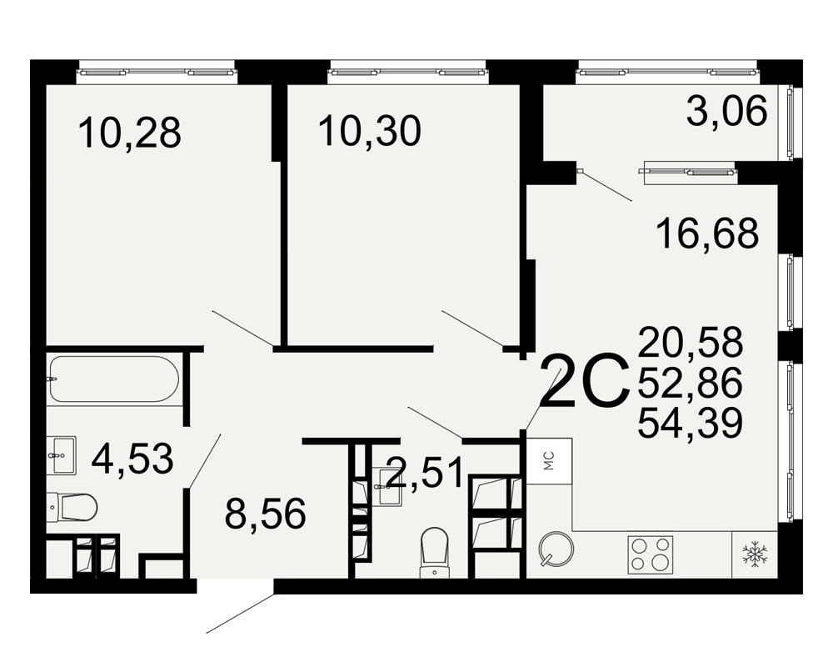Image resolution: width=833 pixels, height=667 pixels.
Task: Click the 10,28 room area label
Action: pyautogui.click(x=130, y=133)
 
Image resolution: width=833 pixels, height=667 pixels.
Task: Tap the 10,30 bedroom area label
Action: pyautogui.click(x=370, y=132)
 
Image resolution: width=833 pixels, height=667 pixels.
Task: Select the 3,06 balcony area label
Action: pyautogui.click(x=726, y=111)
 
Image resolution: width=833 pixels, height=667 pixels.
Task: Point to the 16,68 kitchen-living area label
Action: pyautogui.click(x=707, y=234)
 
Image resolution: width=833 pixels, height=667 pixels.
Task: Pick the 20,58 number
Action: pyautogui.click(x=690, y=343)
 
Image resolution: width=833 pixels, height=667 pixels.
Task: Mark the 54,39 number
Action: pyautogui.click(x=690, y=424)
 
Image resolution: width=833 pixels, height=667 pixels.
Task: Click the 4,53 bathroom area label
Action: pyautogui.click(x=132, y=459)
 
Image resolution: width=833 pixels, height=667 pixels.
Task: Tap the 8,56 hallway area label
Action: pyautogui.click(x=266, y=514)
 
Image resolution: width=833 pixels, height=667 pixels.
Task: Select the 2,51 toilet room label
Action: pyautogui.click(x=425, y=474)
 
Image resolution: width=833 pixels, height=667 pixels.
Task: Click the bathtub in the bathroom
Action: pyautogui.click(x=113, y=379)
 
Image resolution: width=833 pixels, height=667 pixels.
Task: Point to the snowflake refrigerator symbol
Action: pyautogui.click(x=755, y=554)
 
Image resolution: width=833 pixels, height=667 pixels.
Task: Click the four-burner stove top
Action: pyautogui.click(x=651, y=554)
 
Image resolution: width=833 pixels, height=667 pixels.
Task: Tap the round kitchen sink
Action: pyautogui.click(x=556, y=549)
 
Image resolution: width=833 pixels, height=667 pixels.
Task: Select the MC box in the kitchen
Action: pyautogui.click(x=549, y=460)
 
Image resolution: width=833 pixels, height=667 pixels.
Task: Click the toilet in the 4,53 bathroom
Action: pyautogui.click(x=71, y=507)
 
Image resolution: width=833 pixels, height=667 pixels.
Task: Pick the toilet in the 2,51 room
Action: pyautogui.click(x=435, y=552)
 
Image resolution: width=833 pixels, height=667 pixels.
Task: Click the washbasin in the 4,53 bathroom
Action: pyautogui.click(x=61, y=455)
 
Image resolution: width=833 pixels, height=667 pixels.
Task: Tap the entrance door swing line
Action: pyautogui.click(x=240, y=614)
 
